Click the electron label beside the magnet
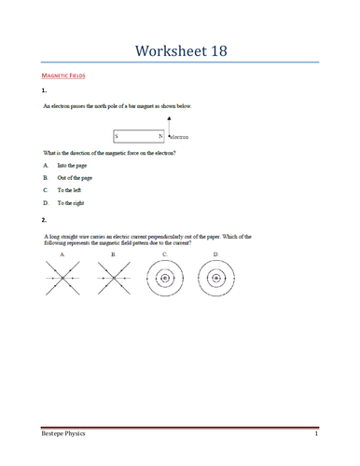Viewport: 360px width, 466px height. tap(179, 137)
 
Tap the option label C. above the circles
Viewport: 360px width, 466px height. tap(165, 254)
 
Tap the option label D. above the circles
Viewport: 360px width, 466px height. tap(215, 254)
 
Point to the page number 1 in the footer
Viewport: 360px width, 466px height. tap(316, 435)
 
